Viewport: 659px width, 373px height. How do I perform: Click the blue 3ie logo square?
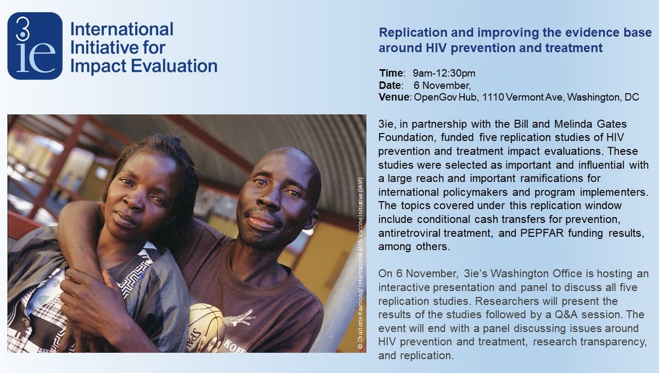[x=35, y=46]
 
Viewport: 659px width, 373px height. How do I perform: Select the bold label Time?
[x=392, y=73]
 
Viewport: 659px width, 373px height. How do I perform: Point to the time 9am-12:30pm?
[x=444, y=73]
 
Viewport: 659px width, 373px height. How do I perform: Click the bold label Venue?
[x=395, y=97]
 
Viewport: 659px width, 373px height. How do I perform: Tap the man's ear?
[x=312, y=220]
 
